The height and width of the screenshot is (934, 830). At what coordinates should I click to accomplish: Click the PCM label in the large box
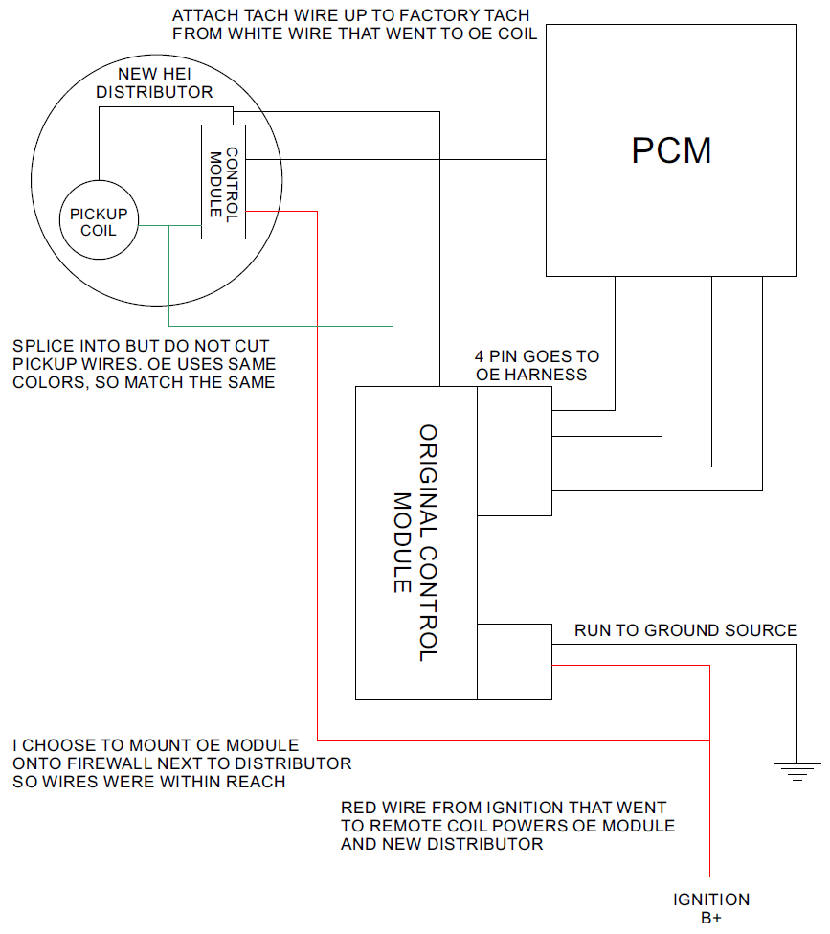coord(671,151)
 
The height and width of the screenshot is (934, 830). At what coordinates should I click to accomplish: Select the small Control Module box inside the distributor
coord(222,182)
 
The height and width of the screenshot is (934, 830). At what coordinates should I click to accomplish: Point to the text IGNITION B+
coord(711,908)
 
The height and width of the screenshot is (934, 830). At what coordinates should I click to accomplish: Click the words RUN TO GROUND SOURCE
coord(685,630)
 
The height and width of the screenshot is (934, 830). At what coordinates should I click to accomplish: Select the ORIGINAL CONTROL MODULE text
coord(415,542)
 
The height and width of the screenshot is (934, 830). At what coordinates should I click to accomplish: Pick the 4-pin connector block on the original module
coord(514,451)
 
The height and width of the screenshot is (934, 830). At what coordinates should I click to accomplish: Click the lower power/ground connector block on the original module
coord(514,661)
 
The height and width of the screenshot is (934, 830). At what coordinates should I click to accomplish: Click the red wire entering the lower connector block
coord(632,666)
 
